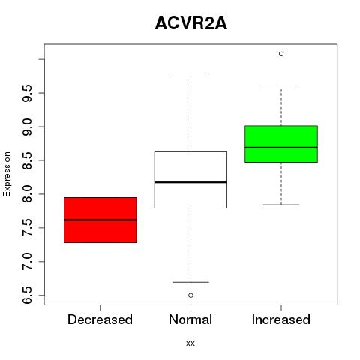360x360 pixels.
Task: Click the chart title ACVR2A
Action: (191, 23)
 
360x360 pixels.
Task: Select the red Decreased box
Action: (100, 220)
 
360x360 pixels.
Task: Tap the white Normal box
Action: (190, 180)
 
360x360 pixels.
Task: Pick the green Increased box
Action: (281, 144)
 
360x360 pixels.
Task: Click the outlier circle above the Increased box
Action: (281, 54)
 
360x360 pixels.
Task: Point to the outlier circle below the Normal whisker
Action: (190, 295)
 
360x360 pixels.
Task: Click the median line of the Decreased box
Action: (100, 220)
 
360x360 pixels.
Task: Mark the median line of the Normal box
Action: (190, 182)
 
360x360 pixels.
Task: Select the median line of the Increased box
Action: (281, 148)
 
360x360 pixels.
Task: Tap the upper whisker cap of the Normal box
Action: (190, 73)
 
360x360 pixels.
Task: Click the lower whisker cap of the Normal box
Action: (190, 282)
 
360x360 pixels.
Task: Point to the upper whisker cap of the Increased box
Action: (281, 88)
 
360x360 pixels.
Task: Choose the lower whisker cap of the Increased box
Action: (281, 205)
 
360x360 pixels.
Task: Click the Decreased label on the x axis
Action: (100, 319)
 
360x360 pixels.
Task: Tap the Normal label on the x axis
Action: (190, 319)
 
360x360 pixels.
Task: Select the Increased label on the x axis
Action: (281, 319)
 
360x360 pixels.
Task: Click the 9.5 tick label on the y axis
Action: (27, 93)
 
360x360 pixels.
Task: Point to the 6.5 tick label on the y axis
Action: (27, 295)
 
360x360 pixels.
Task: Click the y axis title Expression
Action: (7, 174)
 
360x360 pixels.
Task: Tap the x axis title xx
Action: (190, 343)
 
